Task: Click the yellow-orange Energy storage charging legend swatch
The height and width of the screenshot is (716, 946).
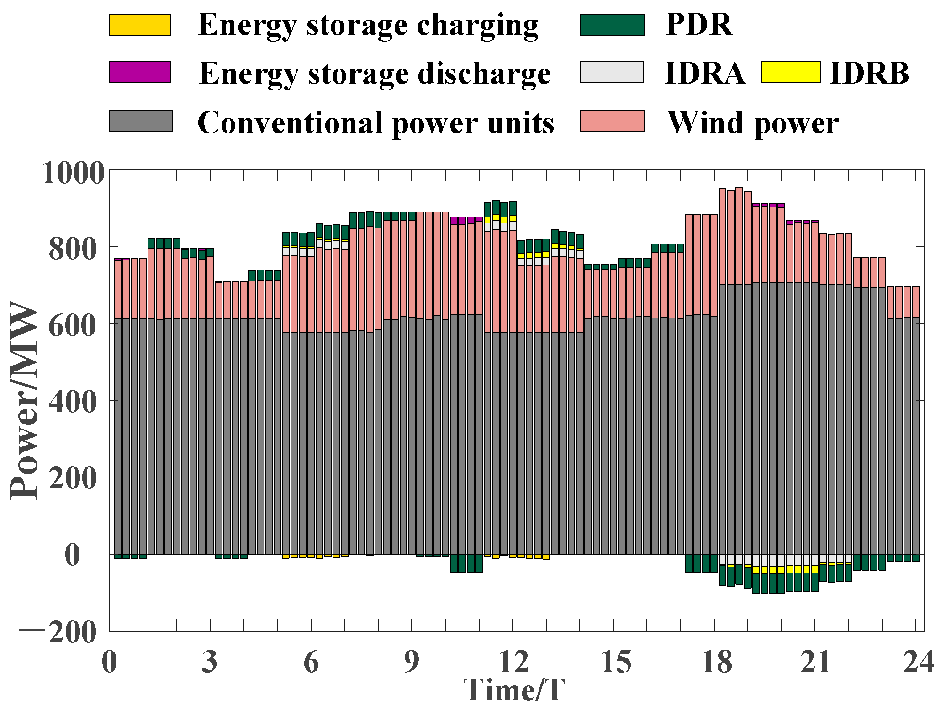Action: coord(140,25)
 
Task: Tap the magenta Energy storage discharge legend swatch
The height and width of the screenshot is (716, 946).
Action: coord(140,72)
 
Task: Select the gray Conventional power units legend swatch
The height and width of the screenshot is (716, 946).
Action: coord(141,121)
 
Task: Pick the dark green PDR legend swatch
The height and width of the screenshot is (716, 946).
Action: coord(612,25)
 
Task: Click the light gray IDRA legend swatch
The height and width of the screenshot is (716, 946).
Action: coord(612,72)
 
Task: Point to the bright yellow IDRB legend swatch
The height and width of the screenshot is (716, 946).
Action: coord(791,72)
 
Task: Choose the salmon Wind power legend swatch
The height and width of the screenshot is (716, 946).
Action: coord(612,121)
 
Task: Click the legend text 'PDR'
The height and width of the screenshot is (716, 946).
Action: coord(698,25)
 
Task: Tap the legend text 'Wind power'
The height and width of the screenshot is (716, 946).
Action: coord(753,122)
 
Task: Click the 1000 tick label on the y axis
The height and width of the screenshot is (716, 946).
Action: coord(73,173)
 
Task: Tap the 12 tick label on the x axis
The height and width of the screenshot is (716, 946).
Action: coord(513,662)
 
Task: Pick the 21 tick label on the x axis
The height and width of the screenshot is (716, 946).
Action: coord(815,662)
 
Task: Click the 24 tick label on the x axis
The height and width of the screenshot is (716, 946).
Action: coord(918,662)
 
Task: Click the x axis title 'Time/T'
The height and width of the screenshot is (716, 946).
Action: coord(514,690)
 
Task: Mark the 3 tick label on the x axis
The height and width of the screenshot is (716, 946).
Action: coord(210,662)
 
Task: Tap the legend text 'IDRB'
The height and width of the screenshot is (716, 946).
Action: coord(869,73)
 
